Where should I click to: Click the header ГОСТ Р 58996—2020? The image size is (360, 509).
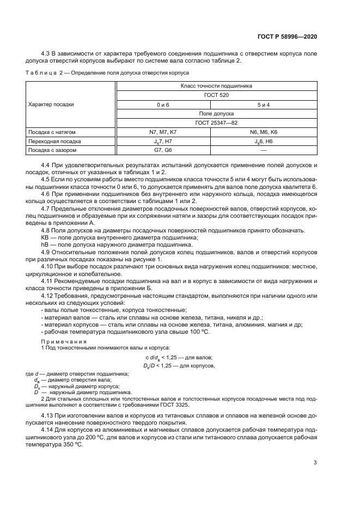[288, 36]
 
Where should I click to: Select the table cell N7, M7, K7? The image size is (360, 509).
[163, 132]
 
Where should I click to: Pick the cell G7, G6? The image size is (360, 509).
[163, 150]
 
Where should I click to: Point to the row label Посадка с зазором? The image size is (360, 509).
[48, 150]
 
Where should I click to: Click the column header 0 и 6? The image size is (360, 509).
[163, 104]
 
